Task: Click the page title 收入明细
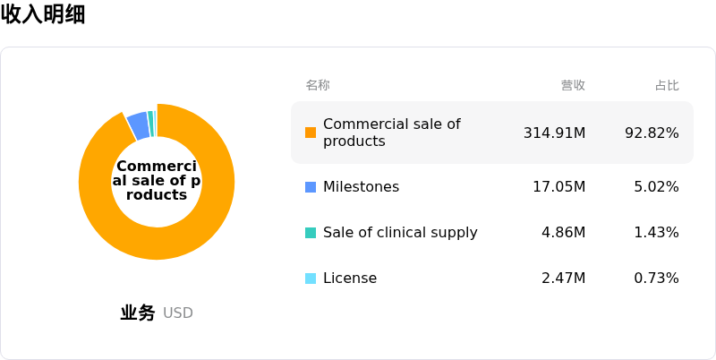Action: coord(43,14)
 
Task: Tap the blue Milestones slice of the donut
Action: coord(139,125)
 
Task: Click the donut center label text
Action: coord(157,180)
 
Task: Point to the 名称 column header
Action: coord(318,85)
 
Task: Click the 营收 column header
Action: coord(573,85)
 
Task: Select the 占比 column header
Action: coord(667,85)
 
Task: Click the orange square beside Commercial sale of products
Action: coord(311,133)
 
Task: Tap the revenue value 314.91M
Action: coord(554,133)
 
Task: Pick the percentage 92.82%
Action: coord(652,133)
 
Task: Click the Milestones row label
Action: coord(362,187)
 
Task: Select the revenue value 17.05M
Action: coord(558,187)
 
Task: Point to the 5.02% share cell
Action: coord(656,187)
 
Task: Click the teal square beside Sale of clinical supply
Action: coord(311,233)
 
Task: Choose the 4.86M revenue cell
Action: coord(564,233)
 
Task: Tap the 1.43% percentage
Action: coord(656,233)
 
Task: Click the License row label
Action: coord(350,279)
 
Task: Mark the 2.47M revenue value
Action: coord(564,279)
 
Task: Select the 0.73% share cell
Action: coord(656,279)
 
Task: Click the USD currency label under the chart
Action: coord(177,313)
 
